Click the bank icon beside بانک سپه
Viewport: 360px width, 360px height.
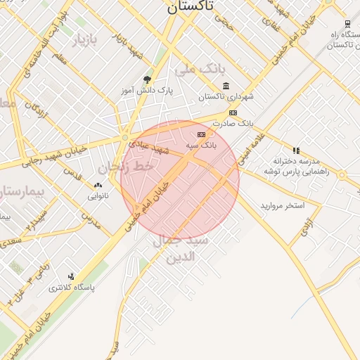[202, 134]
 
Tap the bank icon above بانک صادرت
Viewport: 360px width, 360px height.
[233, 112]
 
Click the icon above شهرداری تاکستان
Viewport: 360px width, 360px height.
[226, 86]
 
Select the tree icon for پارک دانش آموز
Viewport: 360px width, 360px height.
[147, 80]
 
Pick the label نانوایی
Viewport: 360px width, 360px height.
[98, 195]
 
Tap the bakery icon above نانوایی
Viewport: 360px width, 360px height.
[98, 186]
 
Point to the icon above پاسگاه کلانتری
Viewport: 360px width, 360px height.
[71, 276]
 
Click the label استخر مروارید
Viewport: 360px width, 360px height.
[282, 205]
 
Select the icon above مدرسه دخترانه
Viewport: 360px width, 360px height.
[296, 150]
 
